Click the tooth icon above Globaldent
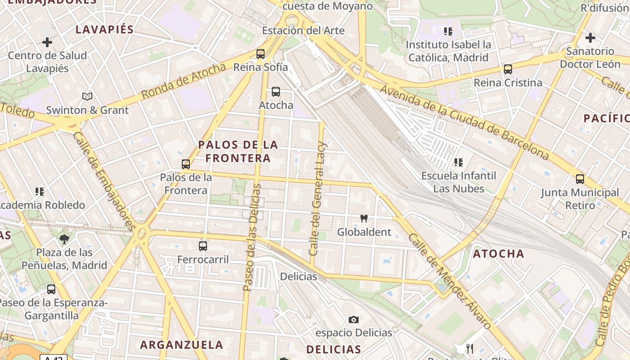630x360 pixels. tap(364, 219)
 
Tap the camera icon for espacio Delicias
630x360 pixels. tap(354, 319)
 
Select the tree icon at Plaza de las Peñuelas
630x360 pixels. tap(64, 239)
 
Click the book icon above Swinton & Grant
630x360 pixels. tap(87, 96)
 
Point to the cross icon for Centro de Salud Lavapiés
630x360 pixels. tap(47, 42)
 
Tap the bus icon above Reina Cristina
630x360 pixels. tap(508, 69)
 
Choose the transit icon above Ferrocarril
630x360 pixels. tap(203, 246)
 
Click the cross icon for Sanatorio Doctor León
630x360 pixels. tap(590, 38)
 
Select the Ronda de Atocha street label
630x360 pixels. tap(183, 81)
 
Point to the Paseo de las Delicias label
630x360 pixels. tap(252, 237)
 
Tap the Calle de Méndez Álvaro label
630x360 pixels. tap(450, 281)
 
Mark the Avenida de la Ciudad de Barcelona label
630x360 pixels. tap(464, 122)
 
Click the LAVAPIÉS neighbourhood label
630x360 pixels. tap(104, 30)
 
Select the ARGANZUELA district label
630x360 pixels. tap(181, 345)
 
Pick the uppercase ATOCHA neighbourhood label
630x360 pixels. tap(499, 254)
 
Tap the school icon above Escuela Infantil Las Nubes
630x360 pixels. tap(459, 162)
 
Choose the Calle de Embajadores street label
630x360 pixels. tap(103, 181)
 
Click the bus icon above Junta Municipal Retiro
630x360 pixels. tap(580, 179)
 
